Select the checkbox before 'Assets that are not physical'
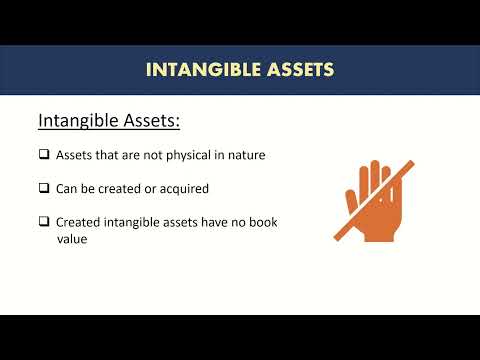coord(44,154)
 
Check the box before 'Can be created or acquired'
coord(44,188)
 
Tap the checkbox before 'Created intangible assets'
coord(44,222)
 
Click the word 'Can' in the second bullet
coord(67,188)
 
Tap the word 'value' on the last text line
coord(72,240)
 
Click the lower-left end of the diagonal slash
coord(336,239)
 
